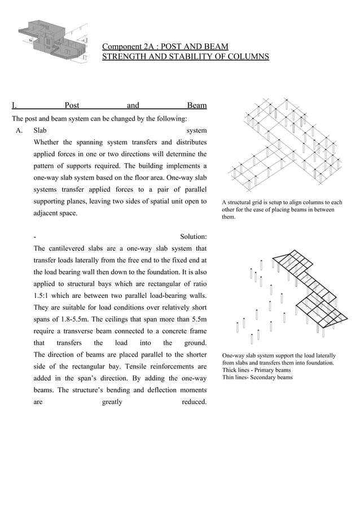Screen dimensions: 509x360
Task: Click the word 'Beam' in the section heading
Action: click(196, 105)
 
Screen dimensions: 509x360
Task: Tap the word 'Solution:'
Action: click(193, 236)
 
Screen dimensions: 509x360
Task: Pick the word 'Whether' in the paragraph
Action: click(46, 142)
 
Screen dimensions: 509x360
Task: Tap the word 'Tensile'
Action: click(150, 366)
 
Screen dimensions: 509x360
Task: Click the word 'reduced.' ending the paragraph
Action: click(194, 402)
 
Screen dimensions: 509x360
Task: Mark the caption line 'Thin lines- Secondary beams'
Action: click(257, 378)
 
